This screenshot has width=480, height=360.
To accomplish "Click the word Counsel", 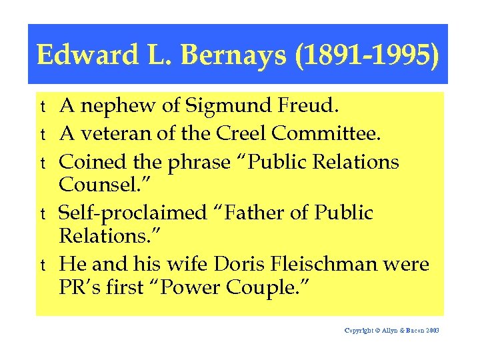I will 98,184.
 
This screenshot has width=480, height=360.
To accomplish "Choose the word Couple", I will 273,287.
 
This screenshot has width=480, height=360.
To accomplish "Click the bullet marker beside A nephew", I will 42,107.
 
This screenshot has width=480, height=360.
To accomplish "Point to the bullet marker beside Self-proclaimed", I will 42,215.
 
